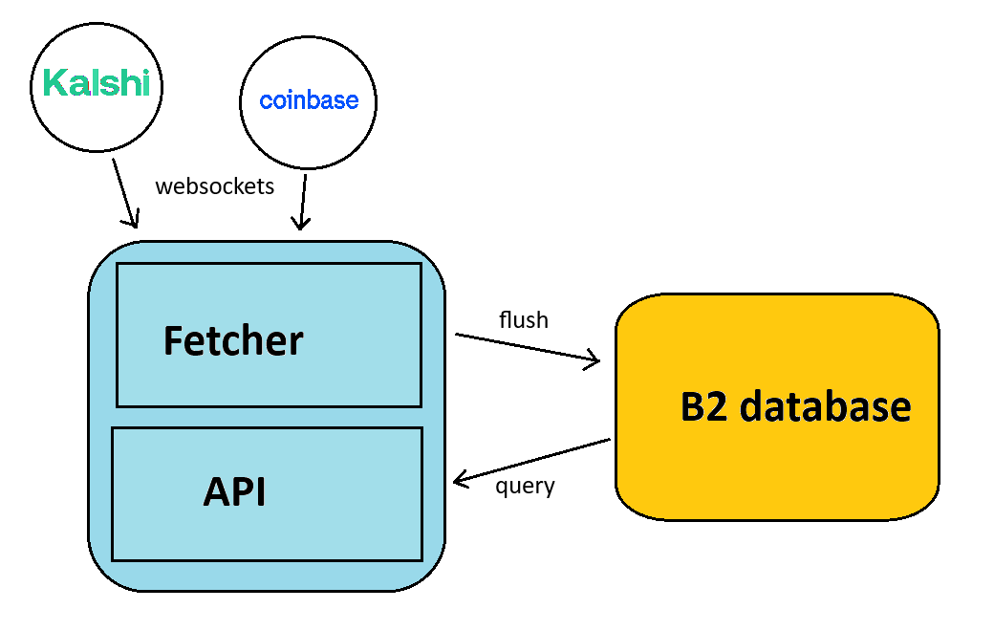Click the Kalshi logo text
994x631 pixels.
(97, 83)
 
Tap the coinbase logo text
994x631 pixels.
(309, 100)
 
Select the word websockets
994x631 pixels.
(214, 185)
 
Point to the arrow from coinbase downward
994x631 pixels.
(303, 201)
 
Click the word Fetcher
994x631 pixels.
(232, 340)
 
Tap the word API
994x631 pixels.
(234, 492)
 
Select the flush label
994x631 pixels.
(524, 319)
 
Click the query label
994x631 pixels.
(525, 486)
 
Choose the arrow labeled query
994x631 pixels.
(530, 460)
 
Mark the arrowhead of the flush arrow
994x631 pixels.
(593, 360)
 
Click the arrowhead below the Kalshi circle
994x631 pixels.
(133, 222)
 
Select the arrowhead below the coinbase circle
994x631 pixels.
(300, 225)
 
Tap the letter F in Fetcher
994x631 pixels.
(173, 341)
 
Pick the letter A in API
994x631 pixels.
(216, 492)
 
